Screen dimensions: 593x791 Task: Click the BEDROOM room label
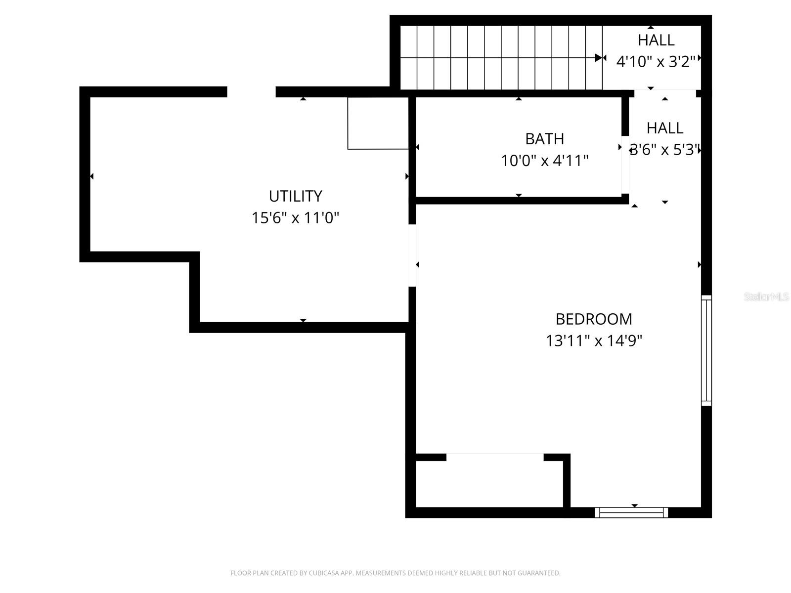tap(594, 319)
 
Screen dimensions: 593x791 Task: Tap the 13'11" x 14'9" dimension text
tap(594, 341)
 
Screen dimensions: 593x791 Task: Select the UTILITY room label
tap(295, 196)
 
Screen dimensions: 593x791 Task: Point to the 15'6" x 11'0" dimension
tap(295, 218)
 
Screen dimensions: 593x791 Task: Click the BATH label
tap(544, 139)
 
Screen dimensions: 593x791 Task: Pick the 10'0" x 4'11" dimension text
tap(544, 161)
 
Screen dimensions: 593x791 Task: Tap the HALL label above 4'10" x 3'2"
tap(656, 40)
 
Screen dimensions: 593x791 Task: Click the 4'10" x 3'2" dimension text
tap(656, 61)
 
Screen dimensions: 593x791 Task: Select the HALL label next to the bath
tap(665, 128)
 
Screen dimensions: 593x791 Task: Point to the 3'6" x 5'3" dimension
tap(665, 150)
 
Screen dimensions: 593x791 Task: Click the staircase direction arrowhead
tap(599, 58)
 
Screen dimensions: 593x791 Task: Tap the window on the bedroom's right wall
tap(706, 351)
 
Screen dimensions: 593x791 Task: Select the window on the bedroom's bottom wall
tap(631, 513)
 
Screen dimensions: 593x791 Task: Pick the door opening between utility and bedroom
tap(412, 255)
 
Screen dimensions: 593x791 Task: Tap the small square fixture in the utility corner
tap(378, 123)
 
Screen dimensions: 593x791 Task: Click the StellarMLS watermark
tap(766, 297)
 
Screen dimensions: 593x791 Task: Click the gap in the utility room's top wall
tap(251, 92)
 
